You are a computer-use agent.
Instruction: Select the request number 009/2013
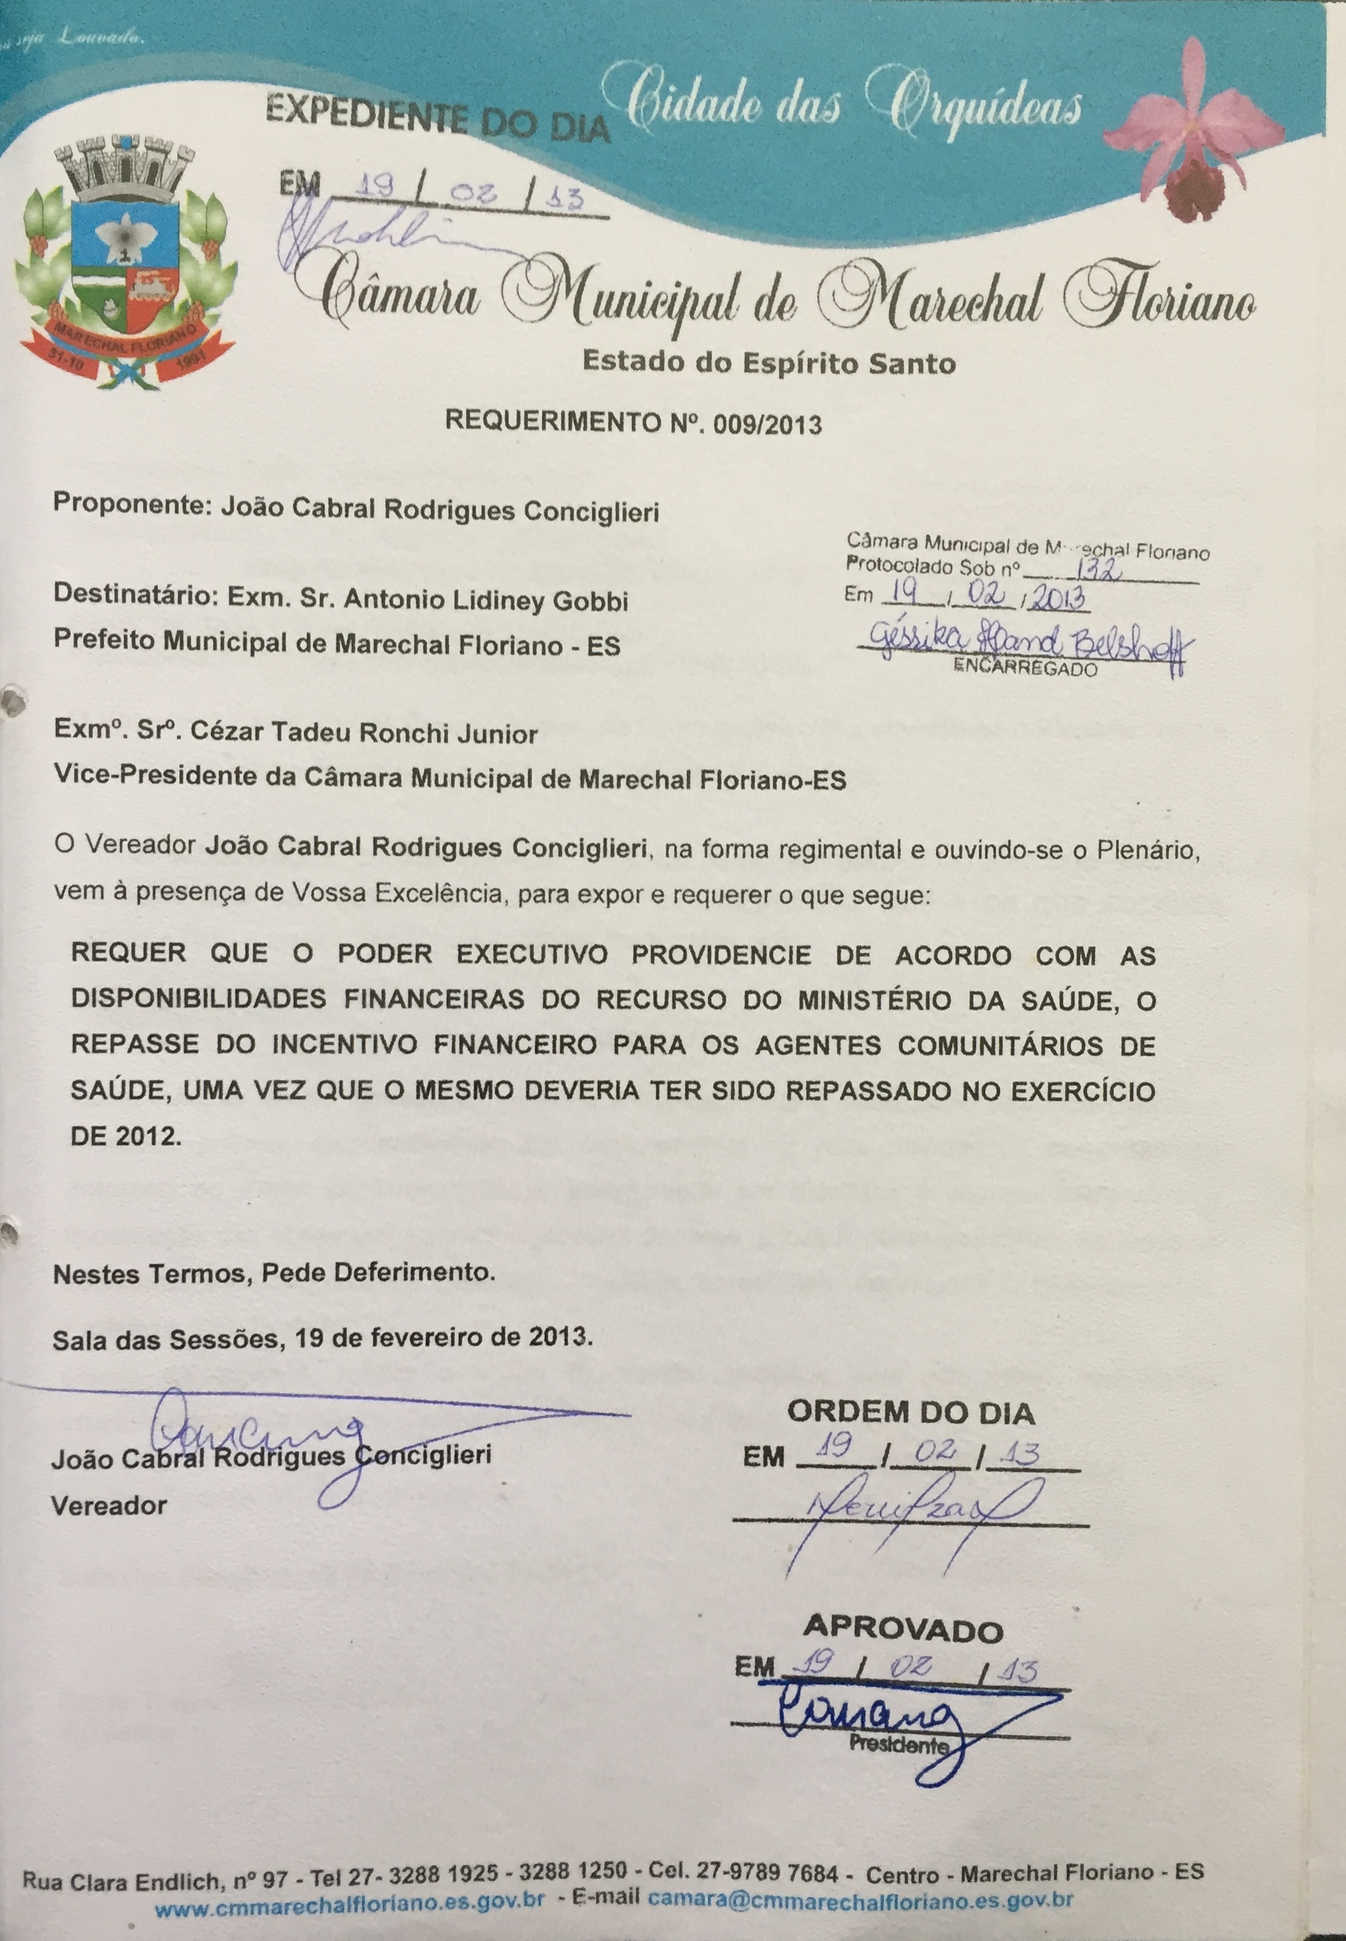point(766,423)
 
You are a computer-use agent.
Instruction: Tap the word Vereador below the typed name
point(109,1506)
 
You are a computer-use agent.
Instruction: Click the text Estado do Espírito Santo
point(768,362)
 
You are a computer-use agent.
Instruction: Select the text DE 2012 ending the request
point(125,1136)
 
